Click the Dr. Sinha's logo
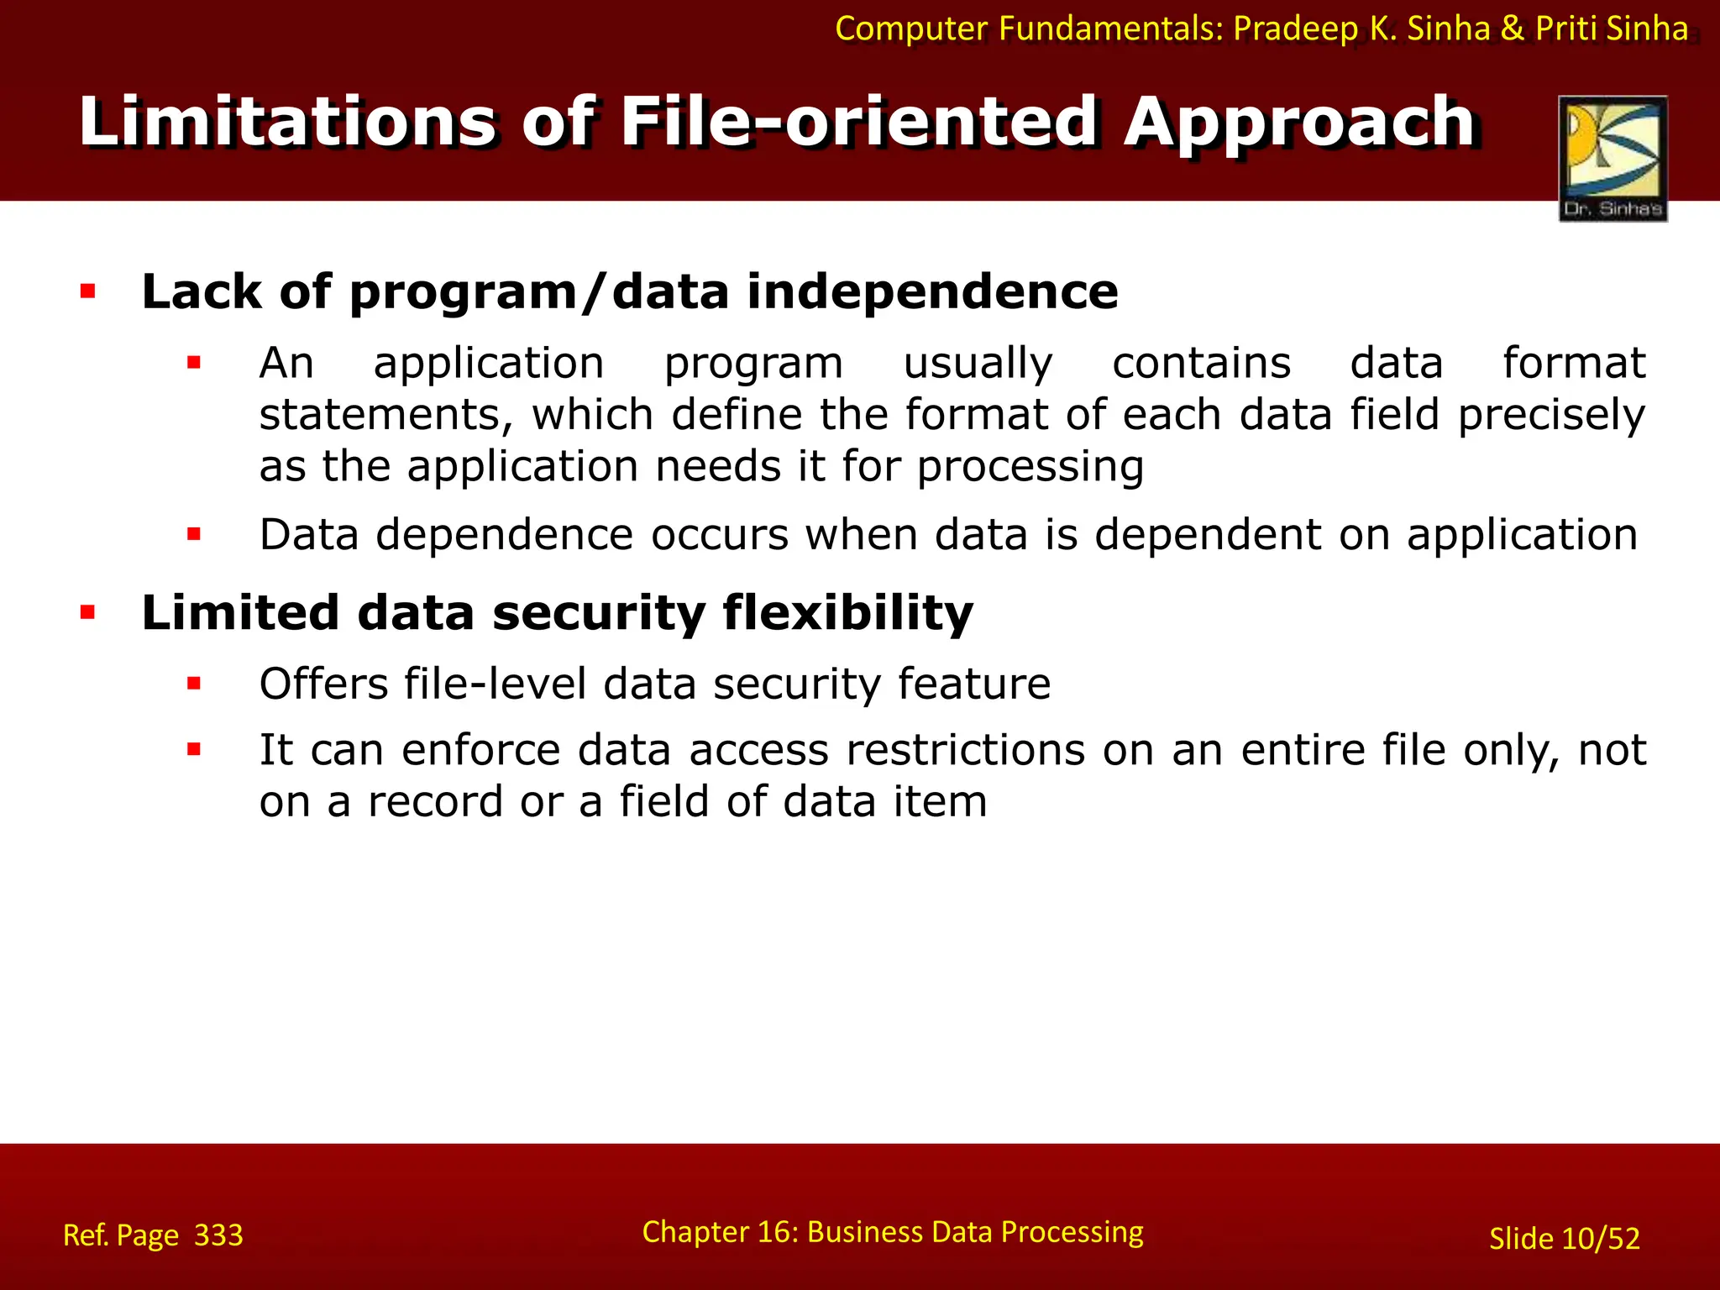coord(1612,158)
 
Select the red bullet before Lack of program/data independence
coord(87,292)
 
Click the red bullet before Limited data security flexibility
coord(87,613)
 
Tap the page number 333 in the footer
coord(218,1235)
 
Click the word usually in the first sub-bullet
coord(978,364)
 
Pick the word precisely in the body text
coord(1551,416)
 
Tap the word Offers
coord(322,684)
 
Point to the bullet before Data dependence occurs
coord(194,534)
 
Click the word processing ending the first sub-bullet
coord(1030,467)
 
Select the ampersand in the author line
coord(1512,29)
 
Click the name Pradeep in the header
coord(1296,29)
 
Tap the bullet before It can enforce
coord(194,750)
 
